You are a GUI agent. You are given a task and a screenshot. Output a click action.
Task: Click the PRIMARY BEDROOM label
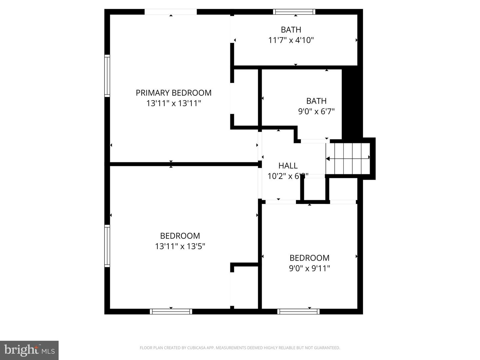tap(173, 93)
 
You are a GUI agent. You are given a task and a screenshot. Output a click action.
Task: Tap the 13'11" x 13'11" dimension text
tap(173, 103)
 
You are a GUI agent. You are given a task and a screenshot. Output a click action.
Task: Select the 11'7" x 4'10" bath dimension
tap(291, 40)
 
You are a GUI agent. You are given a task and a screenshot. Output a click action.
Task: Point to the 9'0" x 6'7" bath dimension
tap(316, 111)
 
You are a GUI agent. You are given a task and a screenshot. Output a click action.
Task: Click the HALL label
tap(288, 166)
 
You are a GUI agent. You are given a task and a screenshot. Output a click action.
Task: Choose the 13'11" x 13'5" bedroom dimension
tap(180, 246)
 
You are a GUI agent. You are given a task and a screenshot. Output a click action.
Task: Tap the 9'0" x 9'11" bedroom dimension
tap(309, 268)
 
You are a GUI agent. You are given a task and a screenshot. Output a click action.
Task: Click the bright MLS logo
tap(29, 350)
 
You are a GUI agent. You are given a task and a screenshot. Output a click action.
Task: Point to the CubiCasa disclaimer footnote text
tap(240, 348)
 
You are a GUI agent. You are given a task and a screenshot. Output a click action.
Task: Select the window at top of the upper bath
tap(294, 12)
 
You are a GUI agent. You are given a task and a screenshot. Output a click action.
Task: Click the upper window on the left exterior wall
tap(107, 76)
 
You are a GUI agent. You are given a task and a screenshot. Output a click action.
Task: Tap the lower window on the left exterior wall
tap(107, 246)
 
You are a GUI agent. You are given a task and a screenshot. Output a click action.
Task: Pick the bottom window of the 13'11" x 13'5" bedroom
tap(171, 312)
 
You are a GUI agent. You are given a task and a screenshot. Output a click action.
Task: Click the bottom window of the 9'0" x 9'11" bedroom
tap(298, 312)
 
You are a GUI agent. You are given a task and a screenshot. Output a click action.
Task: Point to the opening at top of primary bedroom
tap(170, 12)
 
